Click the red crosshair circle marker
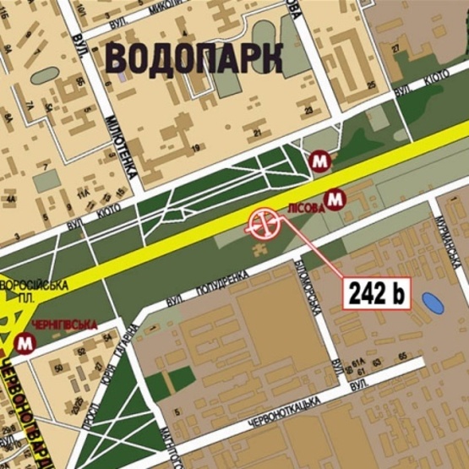263,224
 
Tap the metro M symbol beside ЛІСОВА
335,199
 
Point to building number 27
395,48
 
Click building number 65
402,356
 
